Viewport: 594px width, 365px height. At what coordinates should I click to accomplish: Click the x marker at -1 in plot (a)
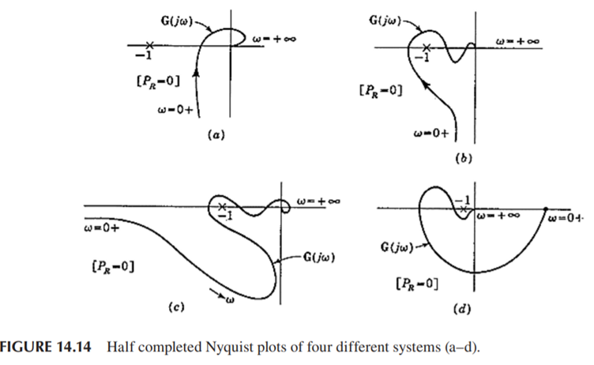pyautogui.click(x=148, y=45)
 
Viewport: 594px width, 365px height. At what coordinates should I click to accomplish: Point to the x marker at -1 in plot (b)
pyautogui.click(x=427, y=47)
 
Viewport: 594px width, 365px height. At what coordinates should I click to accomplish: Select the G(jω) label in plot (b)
pyautogui.click(x=385, y=13)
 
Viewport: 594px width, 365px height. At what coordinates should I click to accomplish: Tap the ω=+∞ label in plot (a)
pyautogui.click(x=273, y=40)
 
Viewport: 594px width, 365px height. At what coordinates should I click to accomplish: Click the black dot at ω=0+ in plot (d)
pyautogui.click(x=546, y=209)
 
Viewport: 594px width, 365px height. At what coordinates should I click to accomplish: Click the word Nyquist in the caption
pyautogui.click(x=220, y=349)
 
